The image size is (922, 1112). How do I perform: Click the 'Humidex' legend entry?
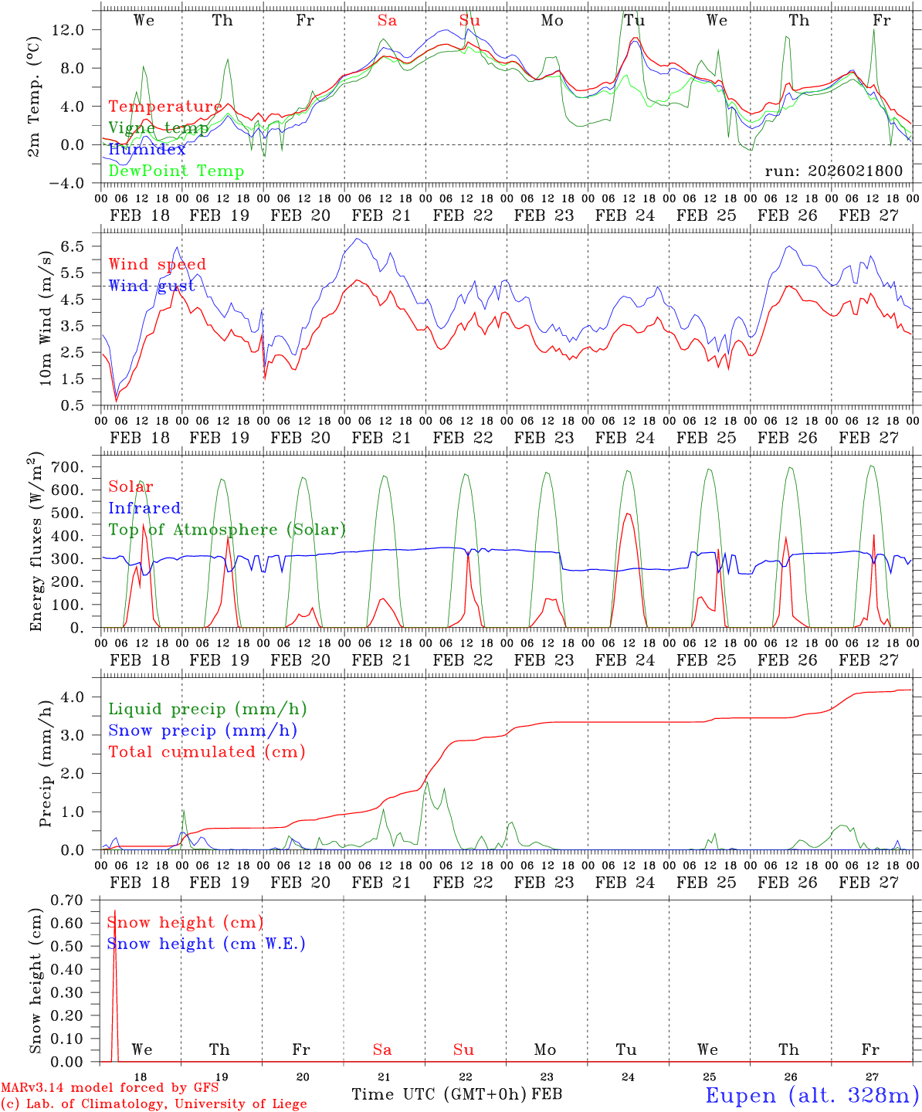(x=147, y=150)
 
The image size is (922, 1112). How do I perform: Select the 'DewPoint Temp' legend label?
(x=176, y=171)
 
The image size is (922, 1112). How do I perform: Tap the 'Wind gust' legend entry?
(x=151, y=286)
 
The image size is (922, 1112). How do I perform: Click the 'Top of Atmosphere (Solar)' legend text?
(x=227, y=530)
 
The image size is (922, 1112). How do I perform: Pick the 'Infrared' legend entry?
(x=144, y=508)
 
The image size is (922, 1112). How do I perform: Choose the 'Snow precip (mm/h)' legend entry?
(x=202, y=731)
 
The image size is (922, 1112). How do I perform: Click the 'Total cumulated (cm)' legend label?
(x=206, y=751)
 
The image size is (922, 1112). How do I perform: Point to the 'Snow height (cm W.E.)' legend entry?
(x=206, y=944)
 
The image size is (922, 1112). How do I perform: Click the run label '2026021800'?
(x=833, y=171)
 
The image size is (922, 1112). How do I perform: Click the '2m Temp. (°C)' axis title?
(x=35, y=96)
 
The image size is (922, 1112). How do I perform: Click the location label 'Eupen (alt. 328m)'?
(x=812, y=1095)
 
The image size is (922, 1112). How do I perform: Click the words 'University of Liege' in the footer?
(x=241, y=1104)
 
